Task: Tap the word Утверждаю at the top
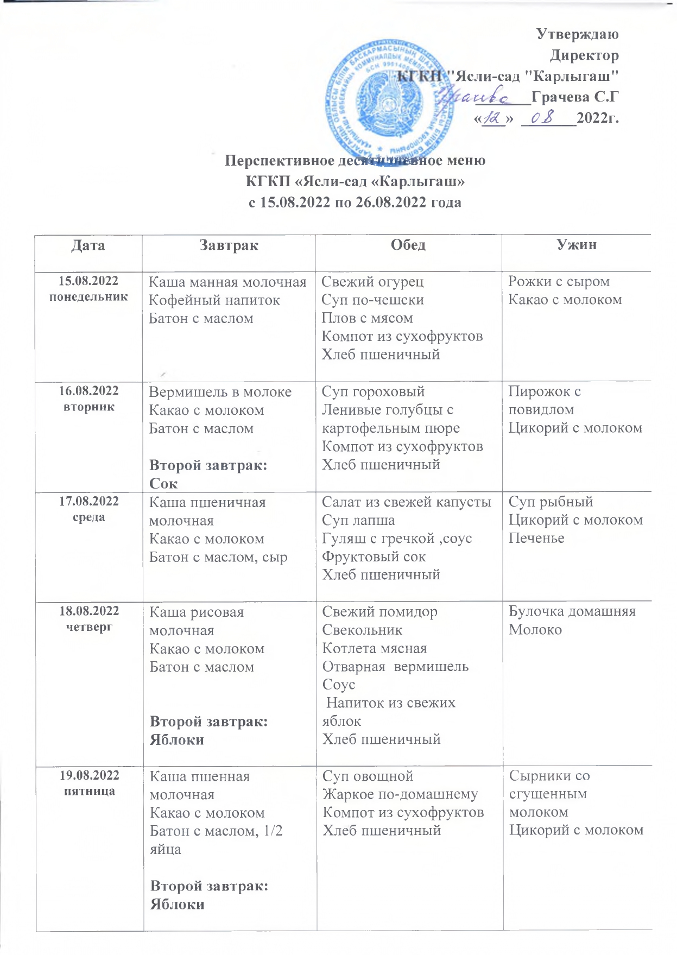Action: [x=578, y=34]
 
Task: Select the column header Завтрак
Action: [x=229, y=245]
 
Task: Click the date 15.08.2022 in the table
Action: [x=88, y=281]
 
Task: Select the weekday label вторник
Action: [x=89, y=407]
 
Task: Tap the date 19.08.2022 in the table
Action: [x=90, y=775]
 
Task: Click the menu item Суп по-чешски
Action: [x=372, y=300]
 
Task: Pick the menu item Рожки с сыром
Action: [x=559, y=281]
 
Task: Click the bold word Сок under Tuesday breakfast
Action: [x=163, y=483]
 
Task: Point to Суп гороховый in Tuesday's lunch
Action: [x=373, y=391]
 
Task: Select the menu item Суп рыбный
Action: [x=551, y=502]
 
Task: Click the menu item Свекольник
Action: [x=362, y=630]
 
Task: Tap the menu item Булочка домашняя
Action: [x=572, y=611]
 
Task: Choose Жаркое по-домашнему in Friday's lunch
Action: [x=400, y=794]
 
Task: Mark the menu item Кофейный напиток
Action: [x=214, y=300]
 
